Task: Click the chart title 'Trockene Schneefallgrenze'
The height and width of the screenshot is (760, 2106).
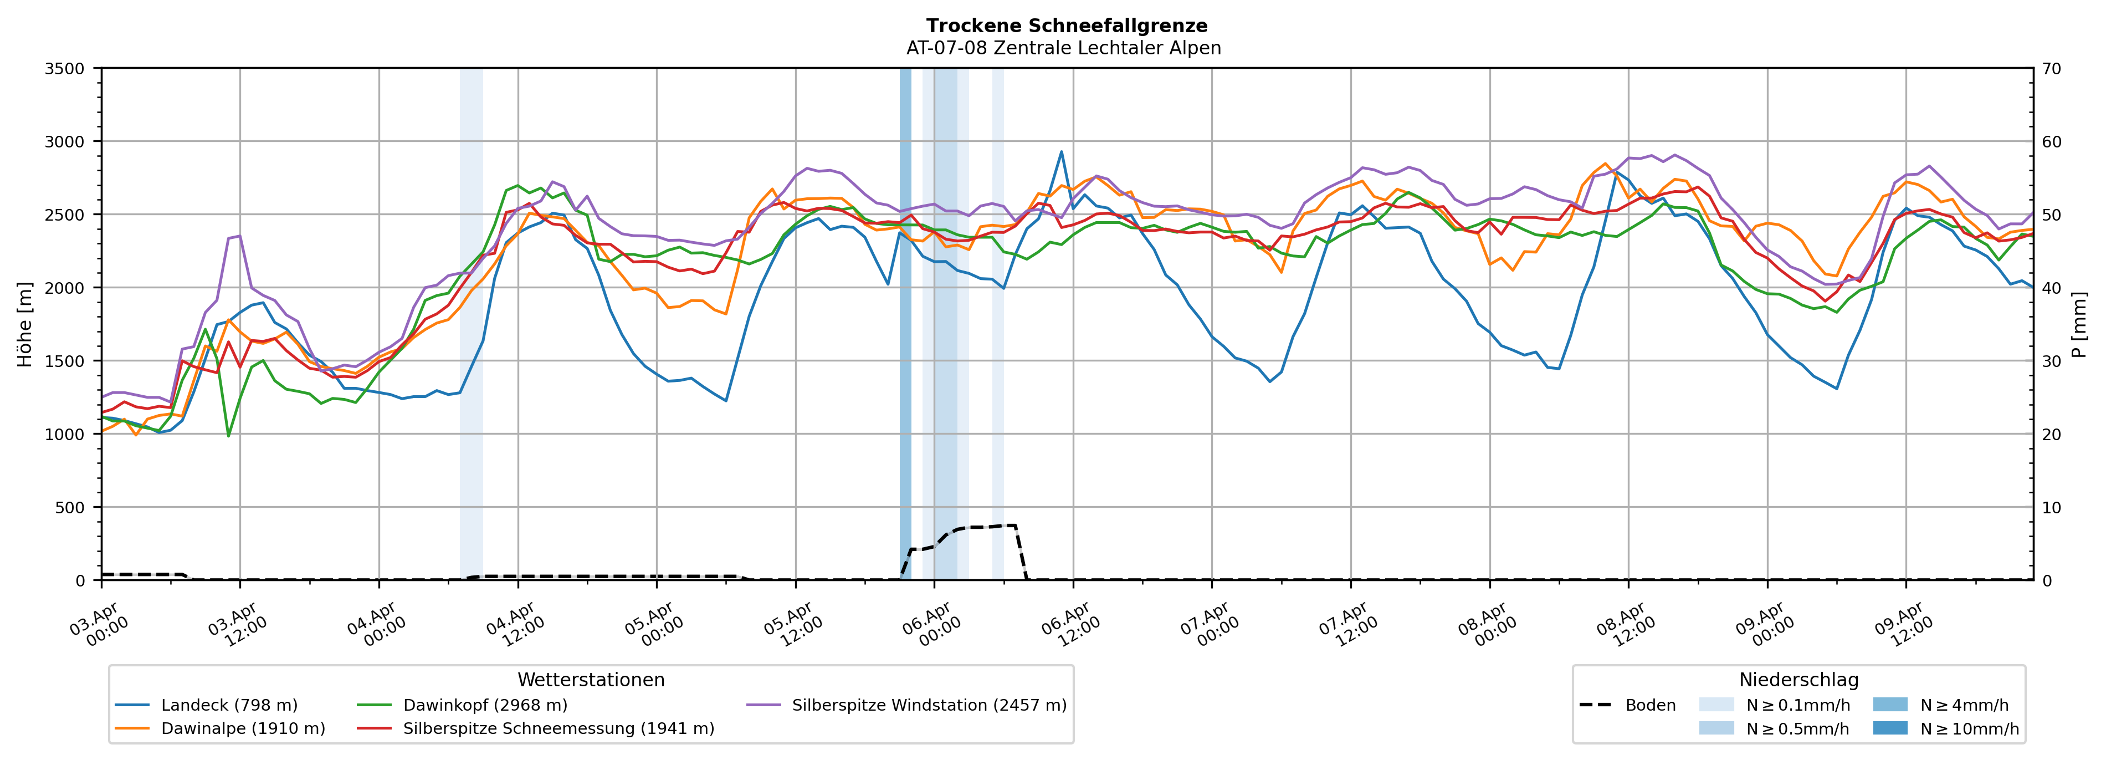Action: click(1066, 26)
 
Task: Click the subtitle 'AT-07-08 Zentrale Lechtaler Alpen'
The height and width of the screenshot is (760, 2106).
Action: click(1063, 48)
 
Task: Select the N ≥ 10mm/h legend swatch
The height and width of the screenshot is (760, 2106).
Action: click(1889, 728)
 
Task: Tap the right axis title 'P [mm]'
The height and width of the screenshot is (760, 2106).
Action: click(2080, 325)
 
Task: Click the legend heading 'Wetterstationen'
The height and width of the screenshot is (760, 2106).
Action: click(591, 680)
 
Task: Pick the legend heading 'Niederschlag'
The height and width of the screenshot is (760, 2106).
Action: click(1798, 680)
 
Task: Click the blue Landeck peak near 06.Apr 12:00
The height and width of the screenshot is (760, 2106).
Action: click(1061, 152)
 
